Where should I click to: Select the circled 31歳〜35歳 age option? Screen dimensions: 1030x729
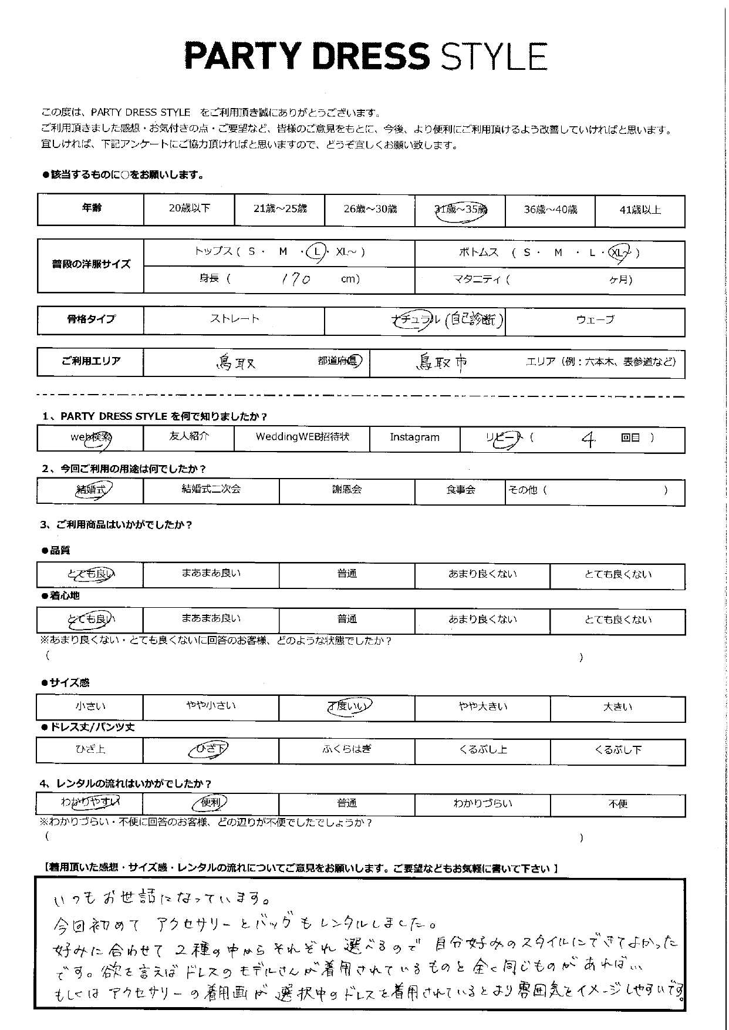[461, 210]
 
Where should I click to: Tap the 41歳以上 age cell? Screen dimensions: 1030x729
[640, 210]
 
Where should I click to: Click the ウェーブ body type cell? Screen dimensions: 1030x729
[595, 320]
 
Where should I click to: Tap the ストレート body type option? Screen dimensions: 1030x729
[234, 320]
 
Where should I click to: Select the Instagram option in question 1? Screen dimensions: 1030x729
[414, 437]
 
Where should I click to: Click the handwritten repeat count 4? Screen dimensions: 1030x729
[588, 440]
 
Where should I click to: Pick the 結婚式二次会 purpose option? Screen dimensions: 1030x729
[211, 489]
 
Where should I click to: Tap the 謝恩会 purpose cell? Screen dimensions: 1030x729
[347, 489]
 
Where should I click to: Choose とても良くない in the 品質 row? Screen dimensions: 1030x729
[617, 574]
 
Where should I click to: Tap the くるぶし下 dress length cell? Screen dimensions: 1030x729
[617, 750]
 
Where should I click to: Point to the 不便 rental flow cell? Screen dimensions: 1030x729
[617, 803]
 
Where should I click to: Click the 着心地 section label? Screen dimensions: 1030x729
[63, 596]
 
